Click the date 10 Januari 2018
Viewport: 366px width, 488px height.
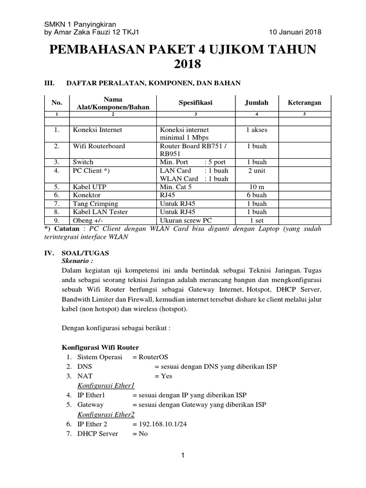click(x=295, y=32)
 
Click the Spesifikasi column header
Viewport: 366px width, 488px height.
click(x=195, y=102)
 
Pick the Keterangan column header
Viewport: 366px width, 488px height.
click(x=305, y=102)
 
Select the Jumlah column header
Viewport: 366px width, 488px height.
click(x=256, y=102)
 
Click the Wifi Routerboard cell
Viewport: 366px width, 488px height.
click(x=99, y=146)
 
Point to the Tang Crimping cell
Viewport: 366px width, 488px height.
click(x=95, y=203)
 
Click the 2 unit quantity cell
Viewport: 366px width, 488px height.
click(x=256, y=170)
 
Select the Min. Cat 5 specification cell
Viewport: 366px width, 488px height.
click(x=180, y=187)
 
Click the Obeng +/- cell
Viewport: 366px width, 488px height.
click(x=88, y=220)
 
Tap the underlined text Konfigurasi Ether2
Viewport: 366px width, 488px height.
click(x=106, y=414)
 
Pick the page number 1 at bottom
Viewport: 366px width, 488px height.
click(x=183, y=456)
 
